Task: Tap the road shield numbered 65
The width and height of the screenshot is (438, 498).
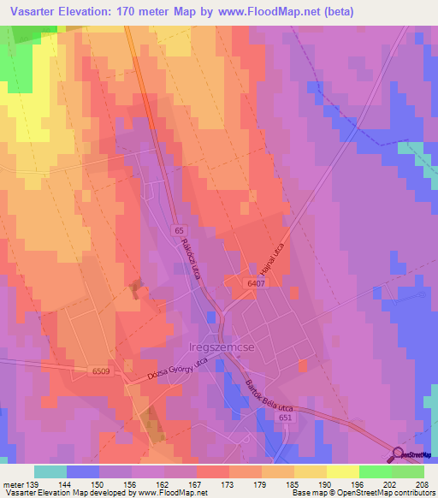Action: [x=179, y=231]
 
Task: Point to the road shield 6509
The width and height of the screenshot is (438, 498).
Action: [x=102, y=371]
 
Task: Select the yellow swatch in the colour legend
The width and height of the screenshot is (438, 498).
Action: [x=342, y=471]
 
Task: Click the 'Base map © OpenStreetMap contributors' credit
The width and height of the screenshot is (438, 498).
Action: [x=360, y=494]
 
